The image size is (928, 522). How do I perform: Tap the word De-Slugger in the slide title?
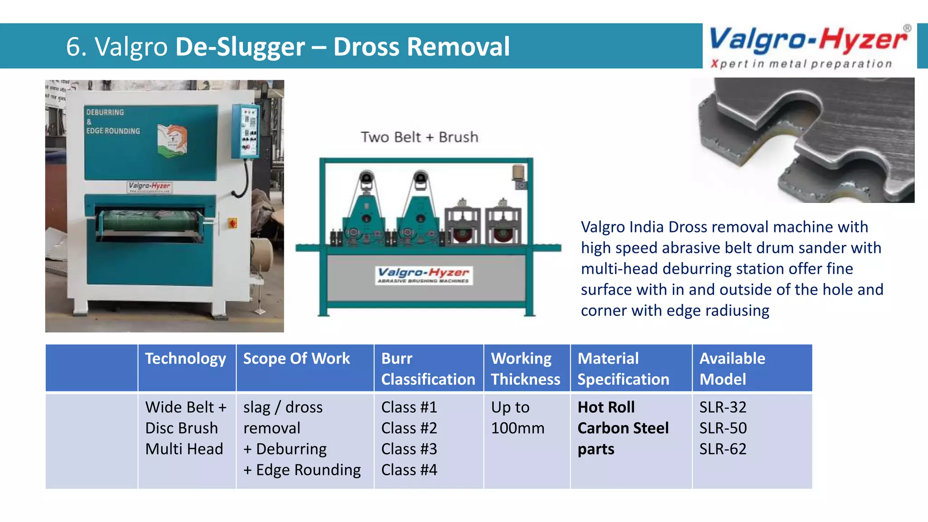(240, 47)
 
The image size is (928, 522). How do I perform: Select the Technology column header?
(185, 359)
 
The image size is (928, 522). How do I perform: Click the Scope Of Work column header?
(296, 359)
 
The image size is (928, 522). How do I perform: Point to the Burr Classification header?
(428, 369)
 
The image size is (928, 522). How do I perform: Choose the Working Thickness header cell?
(525, 369)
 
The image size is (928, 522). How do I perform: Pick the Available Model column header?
(732, 369)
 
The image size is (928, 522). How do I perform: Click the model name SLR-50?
(723, 428)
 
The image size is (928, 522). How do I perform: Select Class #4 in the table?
(409, 470)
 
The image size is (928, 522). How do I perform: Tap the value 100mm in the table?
(517, 428)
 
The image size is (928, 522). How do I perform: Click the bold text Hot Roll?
(606, 407)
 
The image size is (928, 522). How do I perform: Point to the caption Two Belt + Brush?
(419, 137)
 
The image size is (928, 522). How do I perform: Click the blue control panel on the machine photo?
(246, 131)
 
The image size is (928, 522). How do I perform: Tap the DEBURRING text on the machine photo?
(105, 112)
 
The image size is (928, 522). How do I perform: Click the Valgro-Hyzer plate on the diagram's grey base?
(423, 275)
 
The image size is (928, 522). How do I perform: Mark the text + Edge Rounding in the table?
(302, 470)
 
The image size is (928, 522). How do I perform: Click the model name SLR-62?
(723, 449)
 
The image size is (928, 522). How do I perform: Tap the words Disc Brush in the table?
(181, 428)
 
